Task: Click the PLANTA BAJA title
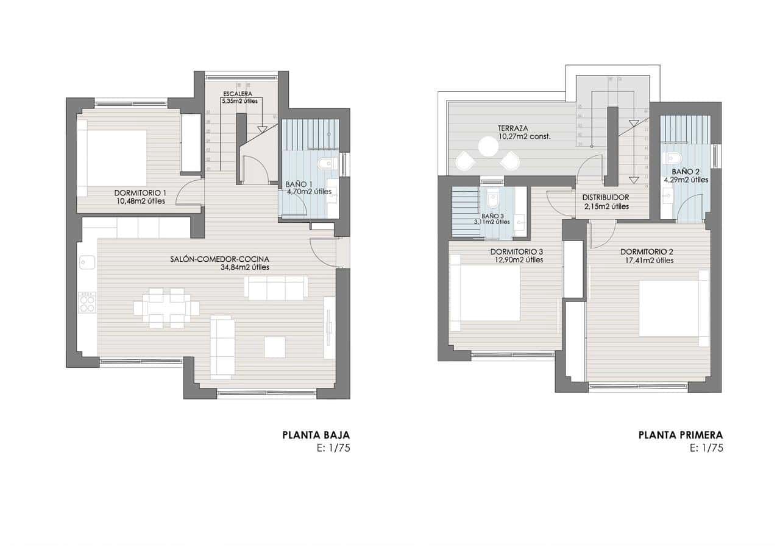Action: (316, 435)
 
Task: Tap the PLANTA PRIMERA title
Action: (680, 435)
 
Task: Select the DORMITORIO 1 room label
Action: (140, 193)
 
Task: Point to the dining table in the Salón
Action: (166, 308)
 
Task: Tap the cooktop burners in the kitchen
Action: (87, 302)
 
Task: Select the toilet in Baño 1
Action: (326, 163)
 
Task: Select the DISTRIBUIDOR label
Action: (605, 198)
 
